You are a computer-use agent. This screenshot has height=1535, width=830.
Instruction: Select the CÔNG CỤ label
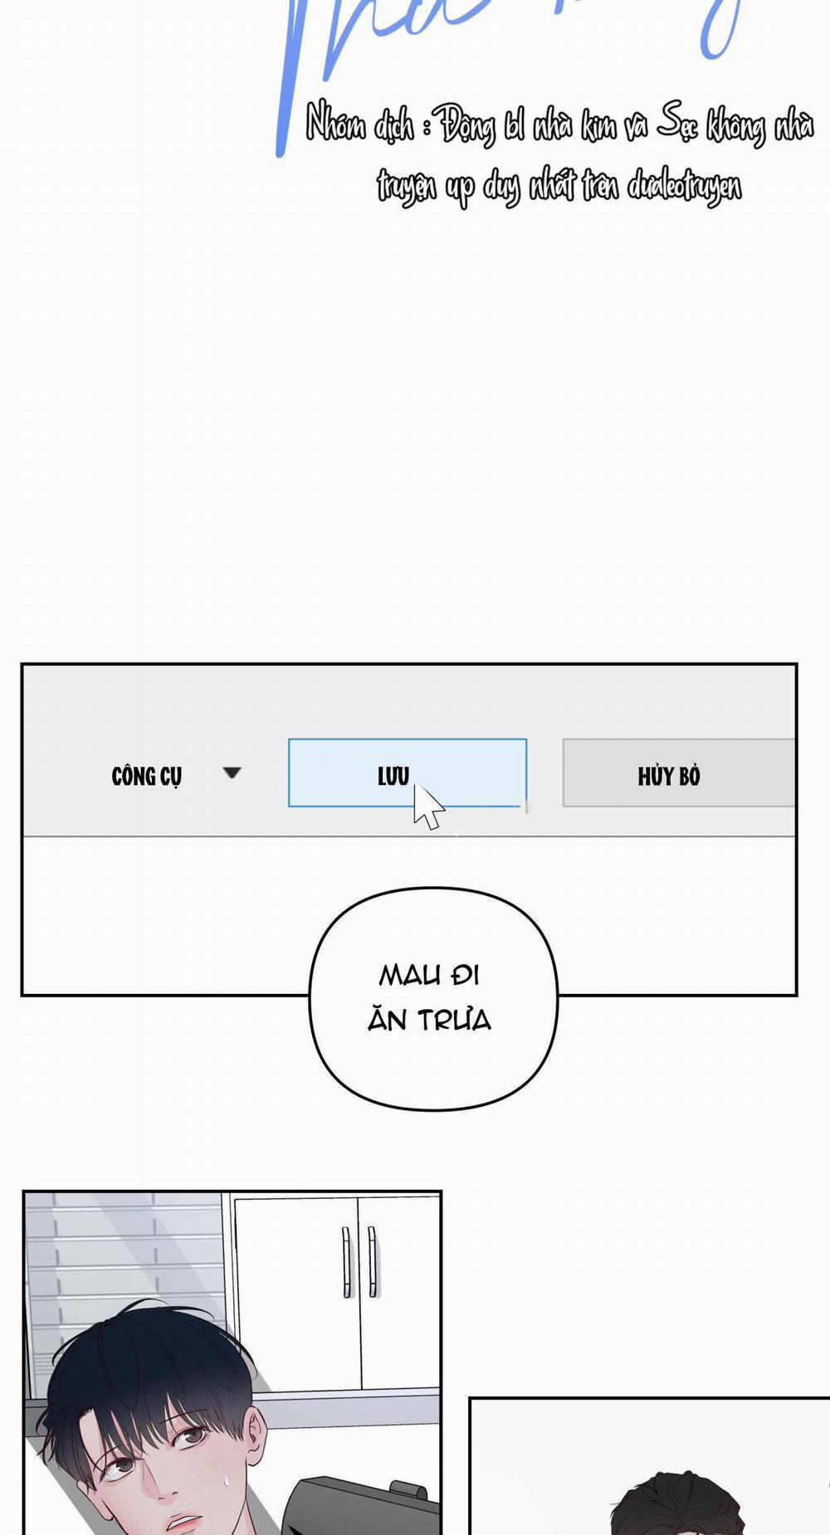pos(146,776)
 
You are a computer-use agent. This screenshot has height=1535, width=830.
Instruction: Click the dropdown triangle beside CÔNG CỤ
pos(232,772)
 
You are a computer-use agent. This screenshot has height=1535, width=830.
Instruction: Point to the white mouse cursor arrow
pos(427,806)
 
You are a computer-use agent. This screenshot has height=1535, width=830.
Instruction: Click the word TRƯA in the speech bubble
pos(454,1020)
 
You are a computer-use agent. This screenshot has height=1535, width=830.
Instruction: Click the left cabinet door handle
pos(346,1260)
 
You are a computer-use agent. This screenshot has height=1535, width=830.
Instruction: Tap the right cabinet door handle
pos(373,1260)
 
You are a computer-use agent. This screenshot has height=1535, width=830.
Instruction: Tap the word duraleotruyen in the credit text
pos(684,185)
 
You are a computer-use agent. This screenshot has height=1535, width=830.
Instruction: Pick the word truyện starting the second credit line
pos(406,186)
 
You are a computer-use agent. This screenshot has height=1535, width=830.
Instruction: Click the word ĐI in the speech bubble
pos(466,975)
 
